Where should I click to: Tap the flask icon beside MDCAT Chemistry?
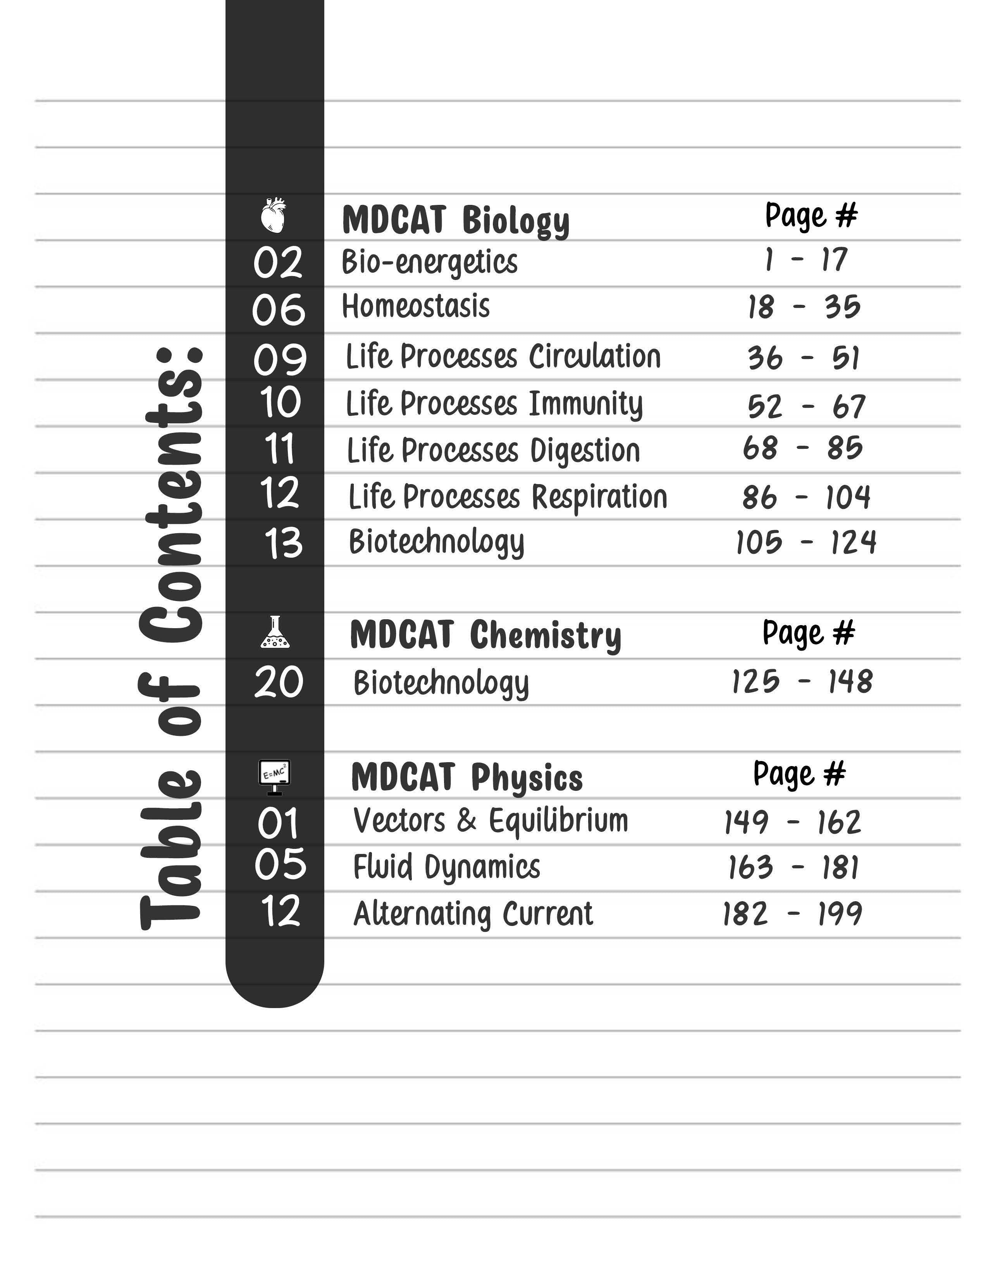pos(275,632)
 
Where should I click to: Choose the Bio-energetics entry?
pos(430,261)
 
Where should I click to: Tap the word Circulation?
pos(595,356)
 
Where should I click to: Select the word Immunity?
pos(585,404)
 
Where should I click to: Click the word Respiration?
pos(599,497)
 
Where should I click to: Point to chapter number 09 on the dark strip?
pos(279,359)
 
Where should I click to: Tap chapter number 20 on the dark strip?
pos(279,682)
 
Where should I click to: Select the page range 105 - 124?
pos(806,542)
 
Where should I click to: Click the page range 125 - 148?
pos(802,682)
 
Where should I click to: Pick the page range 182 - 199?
pos(792,914)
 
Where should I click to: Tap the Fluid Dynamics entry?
pos(447,867)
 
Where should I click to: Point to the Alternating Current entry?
pos(473,914)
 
